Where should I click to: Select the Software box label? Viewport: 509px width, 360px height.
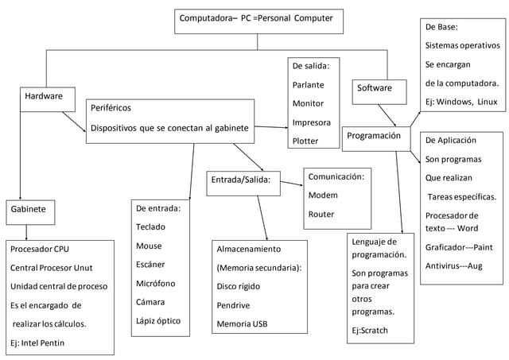(374, 87)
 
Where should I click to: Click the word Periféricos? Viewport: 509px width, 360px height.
(111, 107)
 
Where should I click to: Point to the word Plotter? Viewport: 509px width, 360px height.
(305, 141)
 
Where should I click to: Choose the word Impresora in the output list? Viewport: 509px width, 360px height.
(312, 122)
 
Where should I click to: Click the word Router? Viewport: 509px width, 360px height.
(321, 214)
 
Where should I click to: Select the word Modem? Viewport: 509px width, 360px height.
(323, 195)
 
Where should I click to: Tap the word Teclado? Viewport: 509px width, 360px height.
(151, 226)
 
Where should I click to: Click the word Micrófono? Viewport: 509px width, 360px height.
(156, 283)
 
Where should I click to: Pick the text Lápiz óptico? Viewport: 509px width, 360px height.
(159, 320)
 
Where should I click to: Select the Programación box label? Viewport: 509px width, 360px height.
(374, 136)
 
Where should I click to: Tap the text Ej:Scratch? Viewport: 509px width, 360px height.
(370, 330)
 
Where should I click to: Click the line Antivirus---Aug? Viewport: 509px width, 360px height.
(454, 265)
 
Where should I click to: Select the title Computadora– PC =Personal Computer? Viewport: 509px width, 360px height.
(256, 17)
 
